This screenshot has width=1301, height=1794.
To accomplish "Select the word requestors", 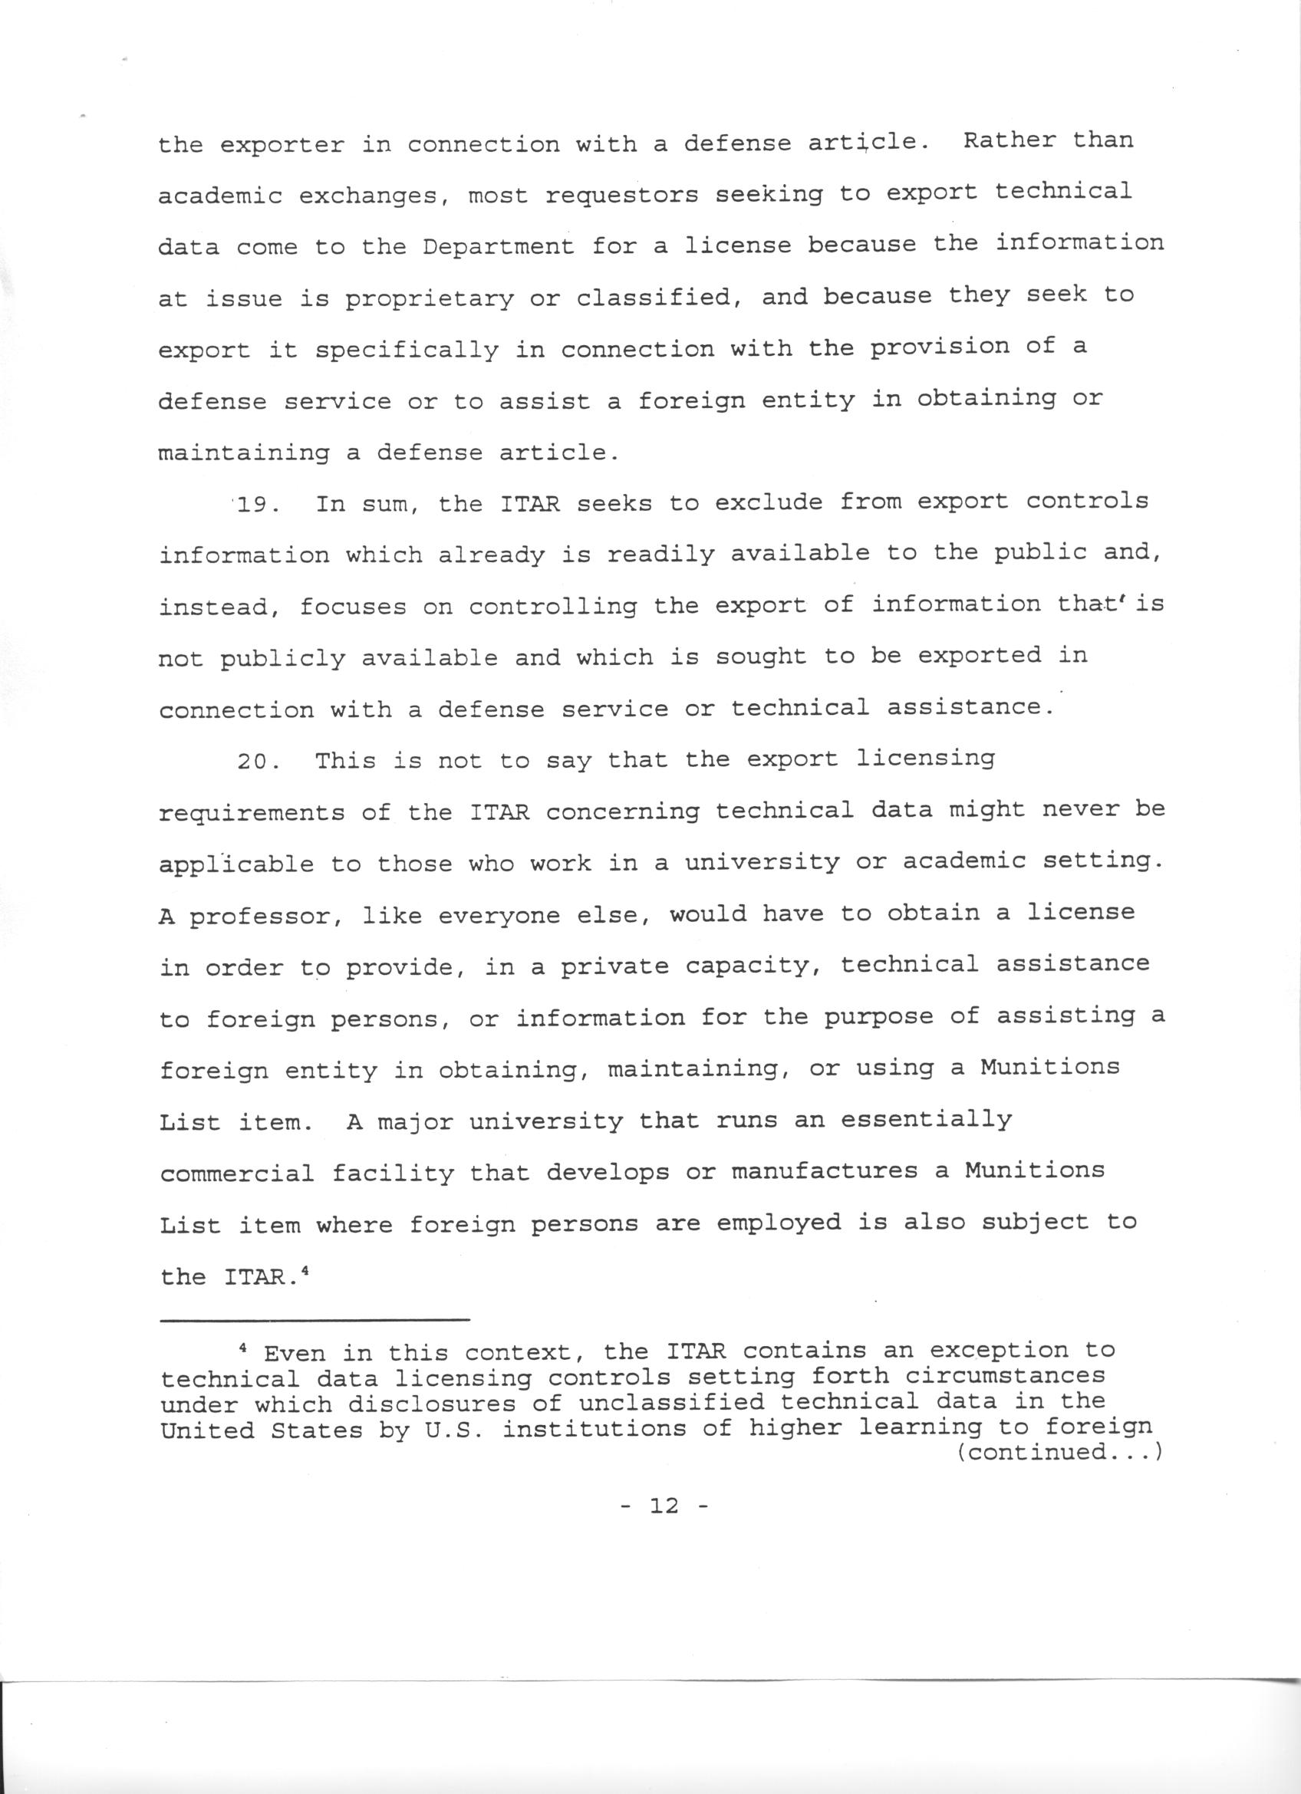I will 622,195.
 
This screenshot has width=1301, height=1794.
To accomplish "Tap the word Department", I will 499,246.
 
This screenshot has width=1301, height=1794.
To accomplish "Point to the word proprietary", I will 430,299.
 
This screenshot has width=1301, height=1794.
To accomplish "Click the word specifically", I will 407,351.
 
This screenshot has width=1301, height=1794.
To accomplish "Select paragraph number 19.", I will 255,504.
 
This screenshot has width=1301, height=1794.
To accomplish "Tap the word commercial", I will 237,1173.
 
